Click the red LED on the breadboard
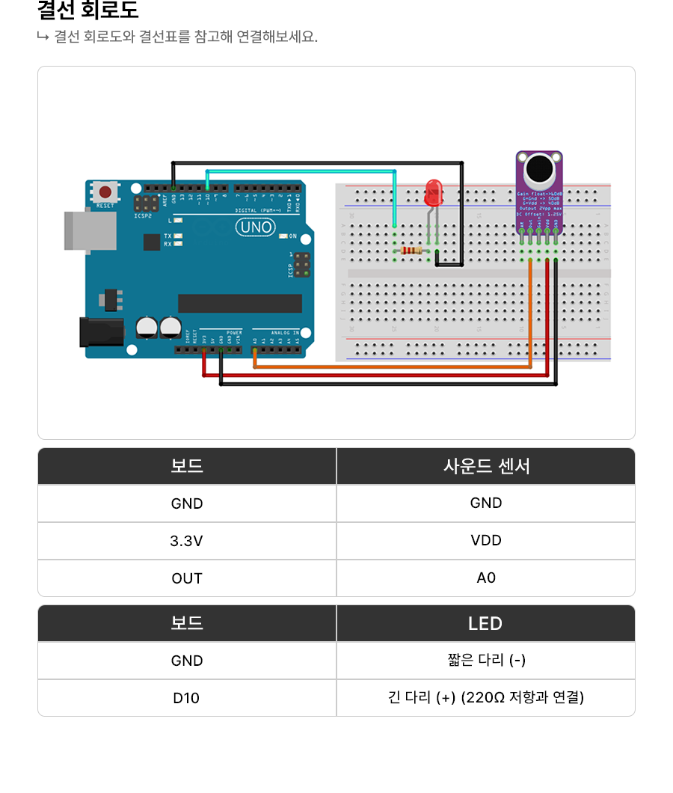(x=433, y=192)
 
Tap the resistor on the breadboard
(x=411, y=251)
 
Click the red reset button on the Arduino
(x=105, y=193)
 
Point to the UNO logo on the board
(x=255, y=227)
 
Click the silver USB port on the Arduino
(x=90, y=230)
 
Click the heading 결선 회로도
(x=87, y=11)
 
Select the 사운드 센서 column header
(x=486, y=466)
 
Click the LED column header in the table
(x=485, y=623)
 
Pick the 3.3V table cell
(x=187, y=541)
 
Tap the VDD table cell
(x=486, y=541)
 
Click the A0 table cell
(x=486, y=578)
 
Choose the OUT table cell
(x=187, y=578)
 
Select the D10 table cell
(x=187, y=698)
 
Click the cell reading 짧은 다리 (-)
(x=486, y=661)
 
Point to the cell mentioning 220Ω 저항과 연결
(x=486, y=698)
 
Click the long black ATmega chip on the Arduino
(x=240, y=303)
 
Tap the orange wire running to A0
(x=389, y=367)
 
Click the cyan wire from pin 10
(x=299, y=171)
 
